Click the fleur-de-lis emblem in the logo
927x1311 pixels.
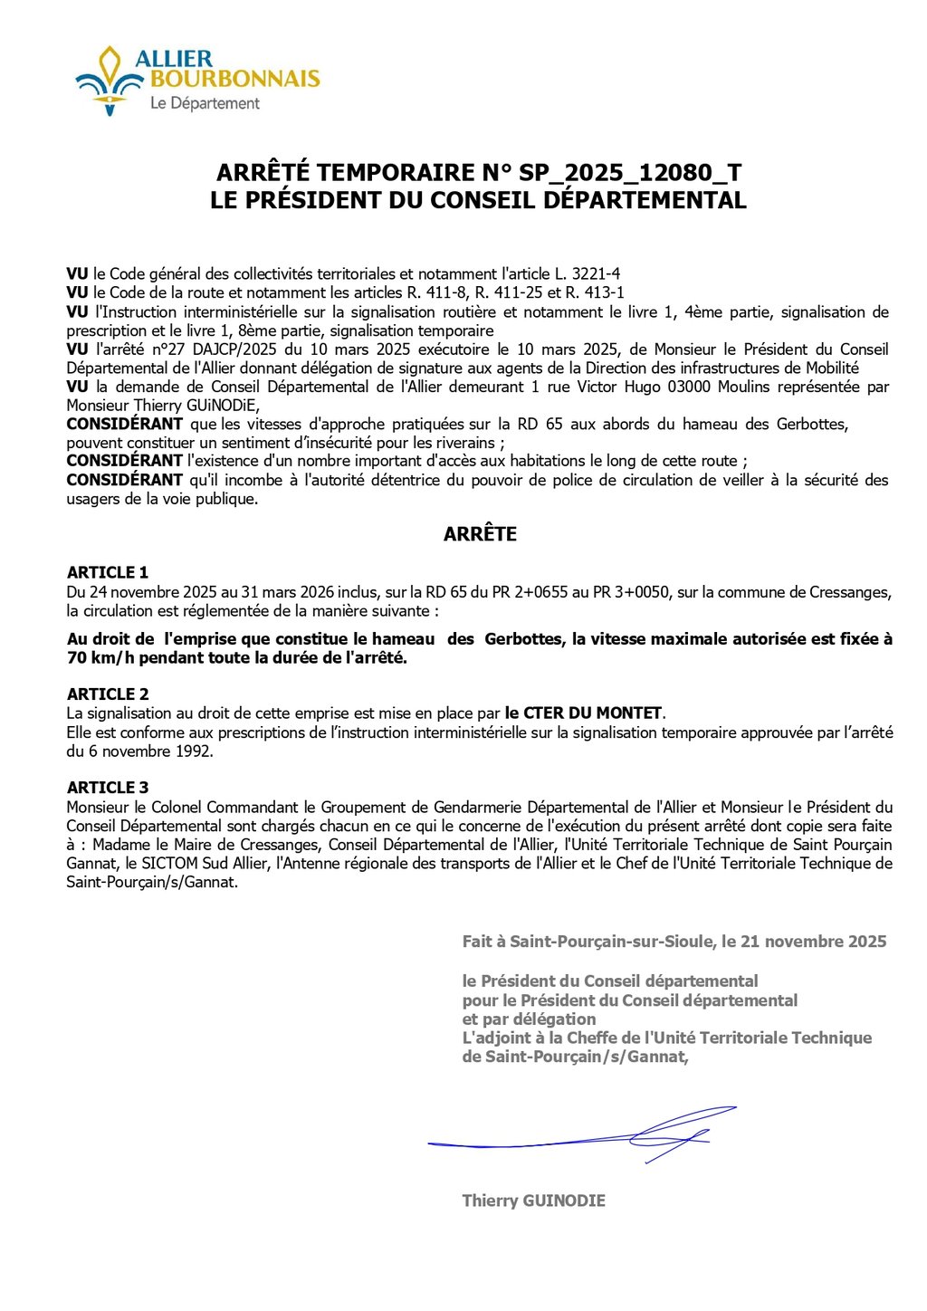(x=110, y=81)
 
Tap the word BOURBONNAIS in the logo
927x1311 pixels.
(x=235, y=79)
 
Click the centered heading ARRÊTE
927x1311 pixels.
(x=480, y=534)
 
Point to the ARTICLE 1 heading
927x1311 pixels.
(x=108, y=572)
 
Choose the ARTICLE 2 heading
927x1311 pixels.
(x=108, y=694)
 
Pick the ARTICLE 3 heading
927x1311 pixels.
(x=108, y=788)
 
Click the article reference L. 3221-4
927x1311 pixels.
(x=588, y=273)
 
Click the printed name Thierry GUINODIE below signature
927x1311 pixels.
(x=533, y=1201)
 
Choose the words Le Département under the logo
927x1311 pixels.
(x=205, y=103)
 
